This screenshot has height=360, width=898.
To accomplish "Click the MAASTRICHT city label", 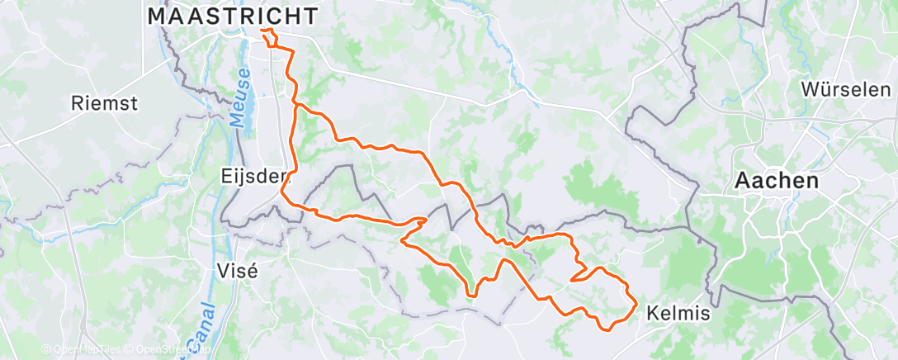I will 233,16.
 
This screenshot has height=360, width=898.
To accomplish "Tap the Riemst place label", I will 104,103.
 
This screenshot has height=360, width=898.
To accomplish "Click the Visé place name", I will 237,270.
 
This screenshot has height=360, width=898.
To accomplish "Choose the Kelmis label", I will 678,314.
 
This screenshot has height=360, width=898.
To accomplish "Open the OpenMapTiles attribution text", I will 81,350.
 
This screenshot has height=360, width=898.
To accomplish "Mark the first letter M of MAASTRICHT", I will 157,16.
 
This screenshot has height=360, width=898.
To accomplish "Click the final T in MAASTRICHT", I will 310,16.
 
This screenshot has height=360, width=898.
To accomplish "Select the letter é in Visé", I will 253,270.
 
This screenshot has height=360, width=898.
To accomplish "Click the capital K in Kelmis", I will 653,314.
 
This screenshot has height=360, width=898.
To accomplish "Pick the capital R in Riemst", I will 78,103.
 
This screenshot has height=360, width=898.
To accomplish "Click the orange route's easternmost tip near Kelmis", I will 636,307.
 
